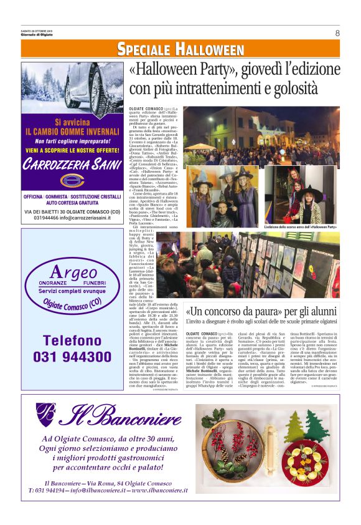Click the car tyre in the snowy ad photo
pos(93,87)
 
